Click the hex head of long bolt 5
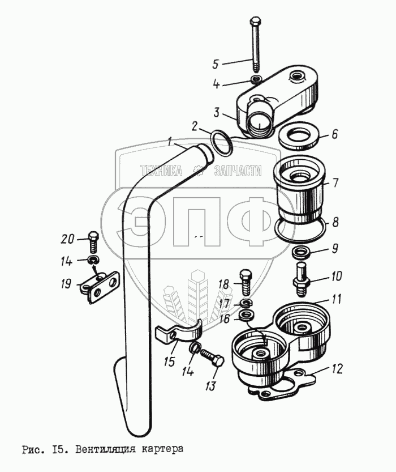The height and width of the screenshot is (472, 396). pos(255,21)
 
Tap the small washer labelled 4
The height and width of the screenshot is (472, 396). pos(256,80)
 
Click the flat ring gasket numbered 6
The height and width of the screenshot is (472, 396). pos(299,135)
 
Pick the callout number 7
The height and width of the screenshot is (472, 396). pos(334,182)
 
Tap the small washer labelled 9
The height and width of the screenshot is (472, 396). pos(300,252)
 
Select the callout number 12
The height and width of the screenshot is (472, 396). pos(337,368)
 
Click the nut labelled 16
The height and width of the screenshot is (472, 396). pos(247,316)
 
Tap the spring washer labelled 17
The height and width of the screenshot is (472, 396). pos(247,303)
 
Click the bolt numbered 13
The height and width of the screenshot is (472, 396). pos(212,358)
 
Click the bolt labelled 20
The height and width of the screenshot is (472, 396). pos(93,243)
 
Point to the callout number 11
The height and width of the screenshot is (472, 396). pos(336,299)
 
